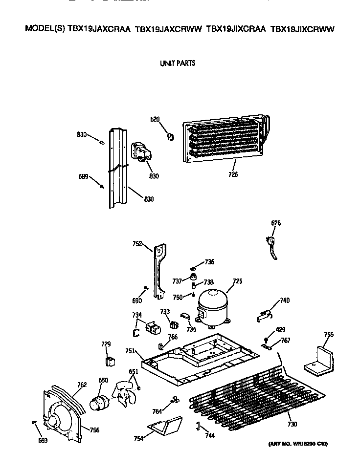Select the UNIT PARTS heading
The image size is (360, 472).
tap(178, 64)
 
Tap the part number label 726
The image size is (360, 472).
tap(233, 174)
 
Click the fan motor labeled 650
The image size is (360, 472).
tap(100, 404)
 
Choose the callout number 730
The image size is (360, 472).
tap(292, 424)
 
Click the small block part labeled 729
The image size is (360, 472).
tap(110, 362)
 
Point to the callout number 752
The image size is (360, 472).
tap(137, 243)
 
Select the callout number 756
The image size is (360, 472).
tap(94, 430)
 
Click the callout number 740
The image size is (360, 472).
tap(284, 300)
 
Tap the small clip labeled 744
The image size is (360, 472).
tap(198, 426)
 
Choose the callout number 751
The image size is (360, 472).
tap(130, 351)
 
